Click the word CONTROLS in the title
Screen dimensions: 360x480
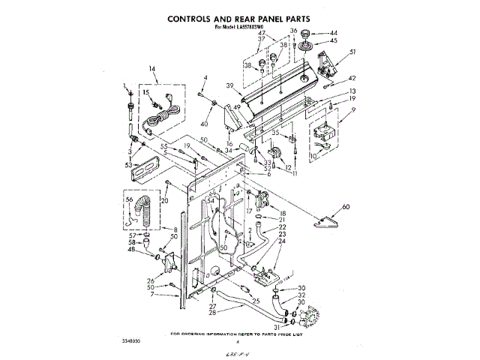tap(193, 18)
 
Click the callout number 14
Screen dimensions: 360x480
tap(152, 70)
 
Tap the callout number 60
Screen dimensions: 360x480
tap(346, 206)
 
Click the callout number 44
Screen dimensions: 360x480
tap(334, 33)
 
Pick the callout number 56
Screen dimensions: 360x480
tap(128, 200)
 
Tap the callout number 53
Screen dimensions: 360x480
tap(129, 163)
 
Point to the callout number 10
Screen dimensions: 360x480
tap(314, 156)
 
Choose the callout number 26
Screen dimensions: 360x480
tap(151, 281)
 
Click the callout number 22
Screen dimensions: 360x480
tap(283, 226)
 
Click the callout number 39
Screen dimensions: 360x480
tap(231, 86)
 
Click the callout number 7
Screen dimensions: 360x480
tap(152, 294)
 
